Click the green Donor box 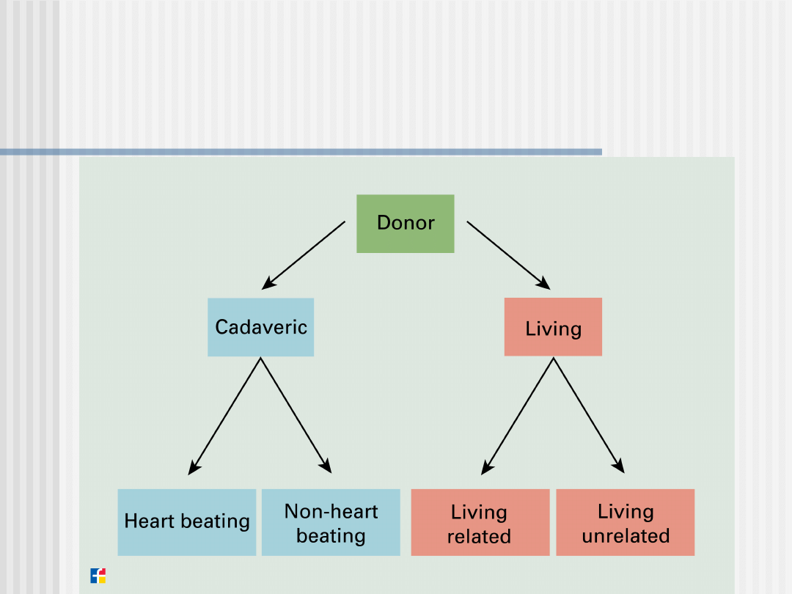click(x=405, y=224)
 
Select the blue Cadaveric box click(x=260, y=327)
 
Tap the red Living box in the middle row click(x=553, y=327)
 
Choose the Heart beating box click(x=187, y=522)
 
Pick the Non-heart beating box click(x=331, y=522)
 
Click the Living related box click(x=480, y=522)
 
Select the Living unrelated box click(x=625, y=522)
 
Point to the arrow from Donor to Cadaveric click(x=304, y=254)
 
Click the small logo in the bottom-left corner click(x=98, y=576)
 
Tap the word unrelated click(x=626, y=536)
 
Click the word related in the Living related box click(x=479, y=537)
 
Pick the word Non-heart click(x=331, y=511)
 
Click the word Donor click(x=406, y=223)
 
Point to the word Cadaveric click(x=260, y=327)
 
